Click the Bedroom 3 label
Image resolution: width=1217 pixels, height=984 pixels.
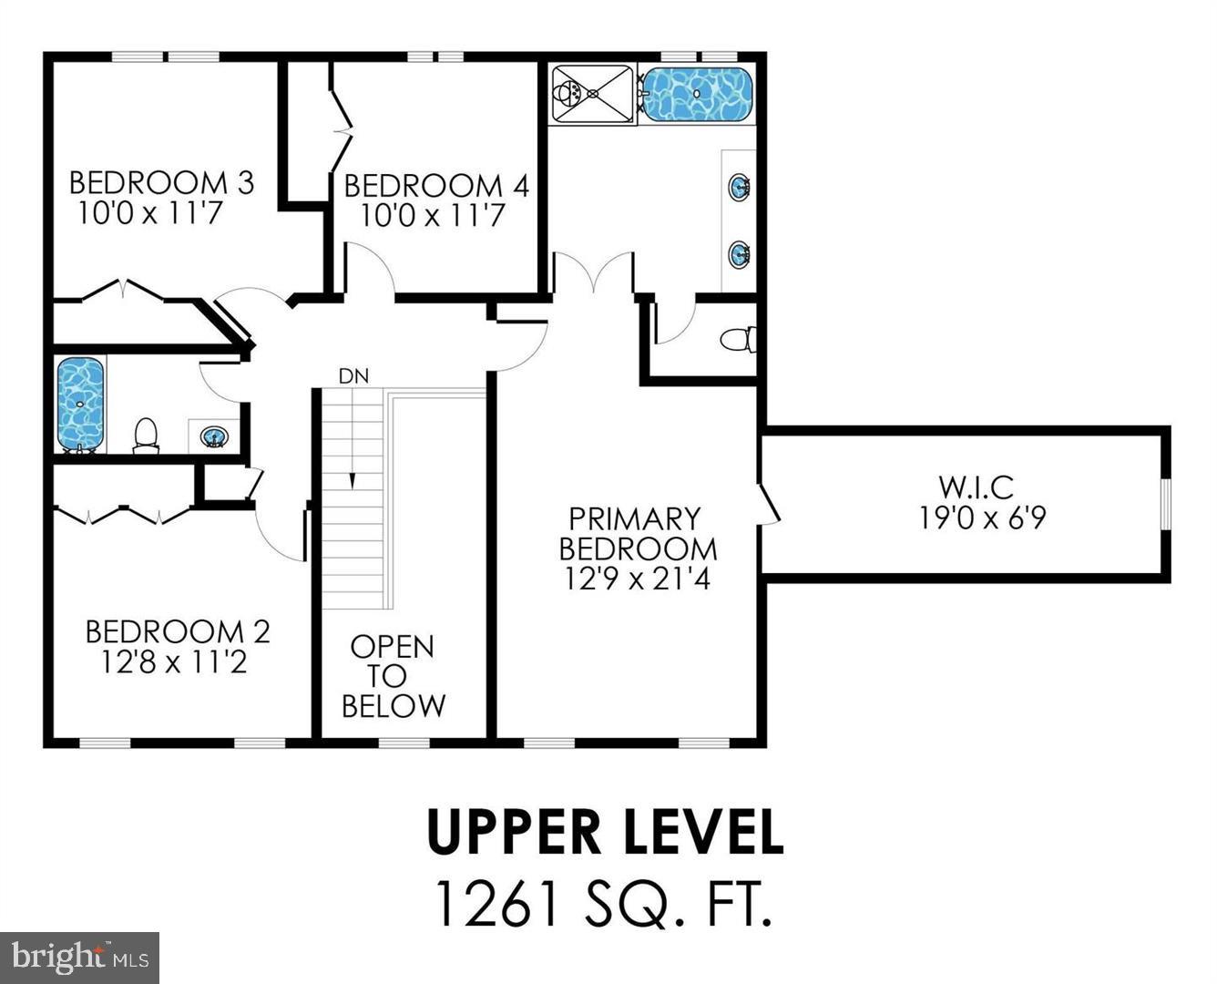[x=161, y=182]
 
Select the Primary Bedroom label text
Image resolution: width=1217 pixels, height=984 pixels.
[x=637, y=533]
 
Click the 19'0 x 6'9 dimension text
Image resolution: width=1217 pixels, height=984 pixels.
[x=981, y=518]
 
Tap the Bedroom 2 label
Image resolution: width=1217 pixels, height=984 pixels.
[x=177, y=630]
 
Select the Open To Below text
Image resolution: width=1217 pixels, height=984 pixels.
[x=393, y=676]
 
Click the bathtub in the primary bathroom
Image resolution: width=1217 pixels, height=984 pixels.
[x=698, y=93]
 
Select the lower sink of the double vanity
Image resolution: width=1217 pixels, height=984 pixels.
[x=739, y=252]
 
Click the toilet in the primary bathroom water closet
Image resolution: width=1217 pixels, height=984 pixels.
[x=737, y=340]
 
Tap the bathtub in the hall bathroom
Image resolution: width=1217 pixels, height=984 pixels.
[x=80, y=403]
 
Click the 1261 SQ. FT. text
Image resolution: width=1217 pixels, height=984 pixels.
[x=605, y=902]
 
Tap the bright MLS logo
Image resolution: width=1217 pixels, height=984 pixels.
[x=80, y=957]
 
